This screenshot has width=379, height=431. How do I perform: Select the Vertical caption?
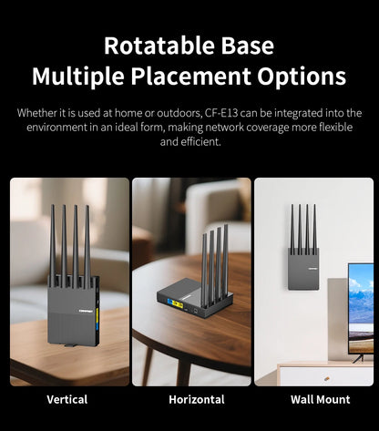pyautogui.click(x=67, y=399)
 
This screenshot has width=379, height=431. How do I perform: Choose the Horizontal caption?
pyautogui.click(x=197, y=399)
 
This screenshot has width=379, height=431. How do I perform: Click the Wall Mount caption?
pyautogui.click(x=321, y=399)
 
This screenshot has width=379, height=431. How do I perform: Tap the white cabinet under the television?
pyautogui.click(x=323, y=374)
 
